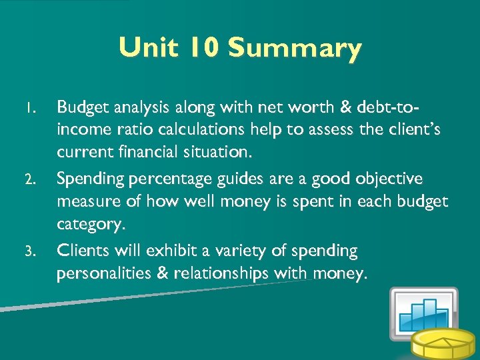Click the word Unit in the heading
pos(146,48)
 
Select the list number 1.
pos(29,107)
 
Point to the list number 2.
pos(29,180)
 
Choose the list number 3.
pos(29,252)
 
